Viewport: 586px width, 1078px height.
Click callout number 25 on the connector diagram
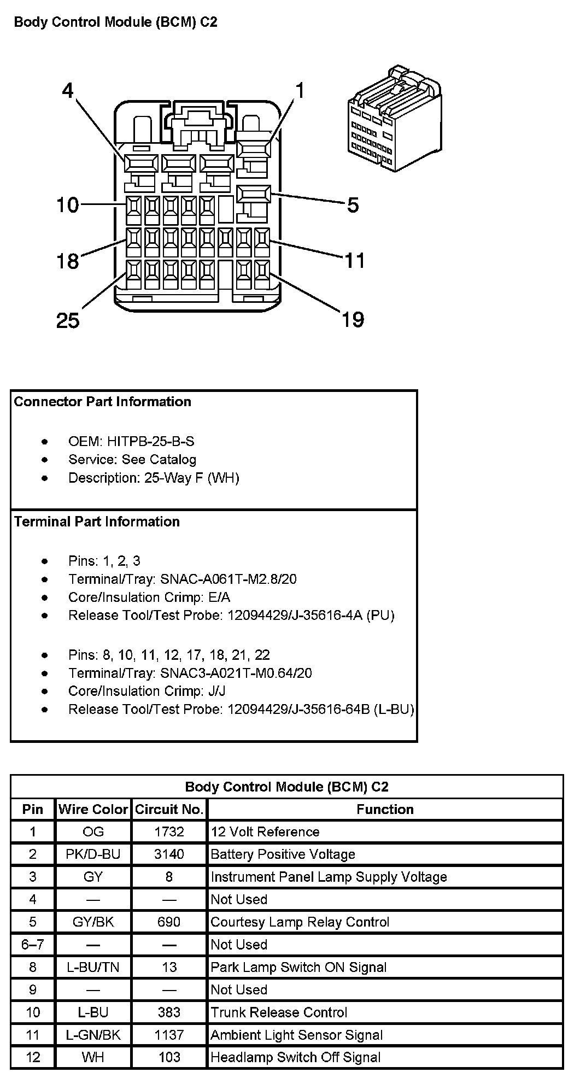coord(68,320)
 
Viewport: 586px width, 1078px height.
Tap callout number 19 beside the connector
coord(353,319)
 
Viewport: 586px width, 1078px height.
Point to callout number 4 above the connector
coord(67,90)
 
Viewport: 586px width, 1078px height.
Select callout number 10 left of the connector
coord(68,206)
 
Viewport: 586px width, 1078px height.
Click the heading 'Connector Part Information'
coord(103,402)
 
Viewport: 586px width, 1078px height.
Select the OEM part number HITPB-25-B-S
coord(150,441)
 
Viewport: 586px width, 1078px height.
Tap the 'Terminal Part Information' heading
coord(97,522)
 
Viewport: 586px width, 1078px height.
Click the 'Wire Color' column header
coord(93,809)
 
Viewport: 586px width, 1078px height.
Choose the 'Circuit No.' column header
coord(169,809)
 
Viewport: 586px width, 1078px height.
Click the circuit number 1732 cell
coord(169,831)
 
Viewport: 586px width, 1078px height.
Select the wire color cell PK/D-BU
coord(93,854)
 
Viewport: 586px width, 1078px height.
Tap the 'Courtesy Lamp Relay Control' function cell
coord(300,922)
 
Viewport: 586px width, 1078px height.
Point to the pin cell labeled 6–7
coord(33,944)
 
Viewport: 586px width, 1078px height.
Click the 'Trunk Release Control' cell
coord(279,1012)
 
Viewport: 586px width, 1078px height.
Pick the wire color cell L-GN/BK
coord(93,1034)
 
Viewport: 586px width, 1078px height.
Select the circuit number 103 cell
coord(169,1057)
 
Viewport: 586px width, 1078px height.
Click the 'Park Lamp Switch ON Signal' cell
coord(298,966)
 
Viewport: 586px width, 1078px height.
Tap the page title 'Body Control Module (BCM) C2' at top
coord(115,22)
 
